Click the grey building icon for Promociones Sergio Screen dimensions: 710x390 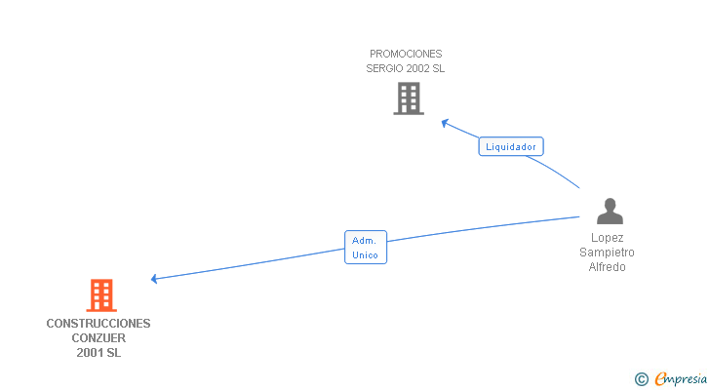tap(409, 98)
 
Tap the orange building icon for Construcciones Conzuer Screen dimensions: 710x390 tap(101, 295)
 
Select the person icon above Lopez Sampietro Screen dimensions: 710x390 tap(610, 212)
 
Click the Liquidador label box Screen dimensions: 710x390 tap(511, 147)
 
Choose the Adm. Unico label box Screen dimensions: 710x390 tap(366, 247)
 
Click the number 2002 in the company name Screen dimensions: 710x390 tap(415, 69)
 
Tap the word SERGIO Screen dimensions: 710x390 tap(382, 69)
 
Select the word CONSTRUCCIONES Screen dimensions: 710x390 tap(99, 323)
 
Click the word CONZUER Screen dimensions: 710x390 tap(99, 338)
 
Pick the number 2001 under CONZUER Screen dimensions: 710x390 tap(90, 353)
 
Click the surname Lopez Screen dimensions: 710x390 tap(607, 238)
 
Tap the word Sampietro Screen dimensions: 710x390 tap(607, 253)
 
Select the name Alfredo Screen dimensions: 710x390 tap(607, 267)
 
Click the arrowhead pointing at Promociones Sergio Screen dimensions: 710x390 tap(445, 123)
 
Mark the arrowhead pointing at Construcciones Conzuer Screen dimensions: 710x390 tap(155, 279)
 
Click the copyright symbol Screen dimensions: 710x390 tap(642, 379)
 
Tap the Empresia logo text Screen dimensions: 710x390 tap(681, 378)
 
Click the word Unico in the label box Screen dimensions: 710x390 tap(366, 254)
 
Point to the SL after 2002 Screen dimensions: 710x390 tap(438, 69)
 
